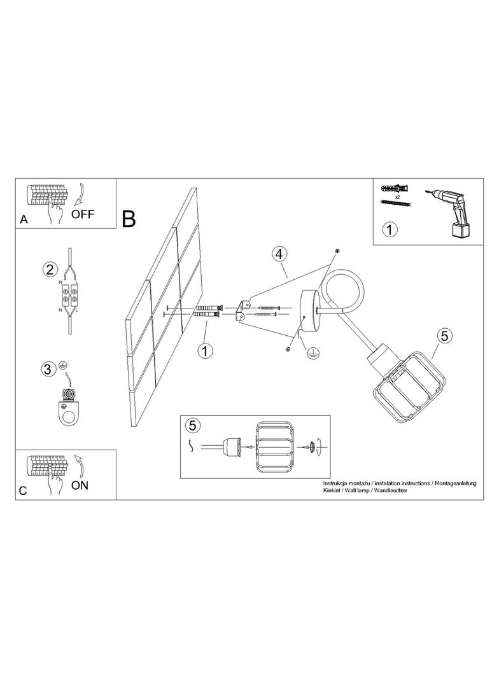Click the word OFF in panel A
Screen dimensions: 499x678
[x=83, y=214]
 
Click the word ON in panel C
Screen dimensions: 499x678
[x=80, y=485]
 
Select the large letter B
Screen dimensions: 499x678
[x=129, y=219]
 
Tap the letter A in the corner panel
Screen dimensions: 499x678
[x=24, y=219]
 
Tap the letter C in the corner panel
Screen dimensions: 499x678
[x=23, y=491]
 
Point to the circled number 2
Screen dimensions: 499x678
[x=50, y=270]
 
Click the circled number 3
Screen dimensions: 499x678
[x=48, y=369]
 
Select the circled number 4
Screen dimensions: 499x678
[x=279, y=254]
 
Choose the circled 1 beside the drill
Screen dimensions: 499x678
[x=390, y=229]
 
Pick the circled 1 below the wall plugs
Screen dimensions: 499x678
[x=205, y=350]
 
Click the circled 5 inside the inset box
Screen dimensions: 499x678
[x=193, y=425]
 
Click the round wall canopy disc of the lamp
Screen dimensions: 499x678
[x=311, y=310]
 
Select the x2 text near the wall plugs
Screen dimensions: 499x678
[x=395, y=197]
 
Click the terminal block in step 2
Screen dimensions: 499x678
[x=69, y=293]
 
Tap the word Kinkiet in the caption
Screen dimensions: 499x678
[x=332, y=490]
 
